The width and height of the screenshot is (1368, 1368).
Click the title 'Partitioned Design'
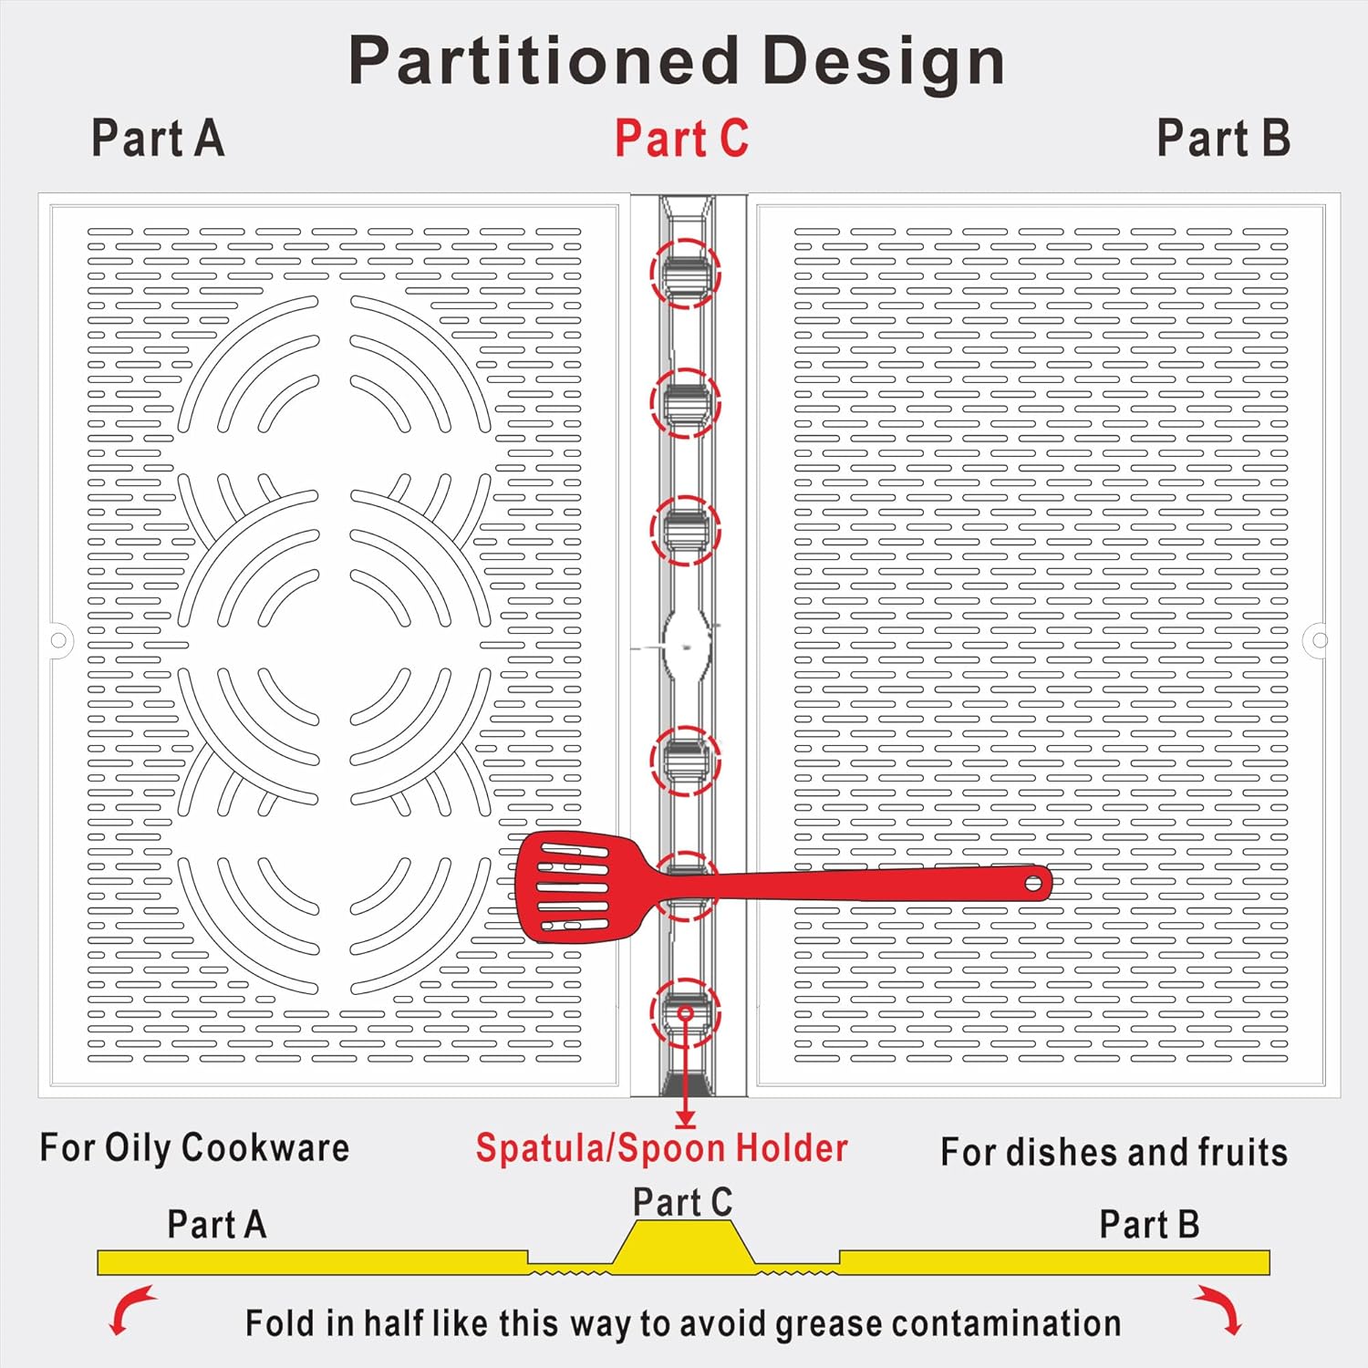(x=677, y=61)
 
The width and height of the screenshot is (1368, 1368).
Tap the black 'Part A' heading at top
(x=158, y=139)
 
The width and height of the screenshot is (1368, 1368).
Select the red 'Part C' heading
(x=681, y=139)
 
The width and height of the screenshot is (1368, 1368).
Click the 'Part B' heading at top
(x=1223, y=139)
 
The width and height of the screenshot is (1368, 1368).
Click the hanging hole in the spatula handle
(x=1033, y=883)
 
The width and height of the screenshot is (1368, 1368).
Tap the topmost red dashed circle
(x=685, y=273)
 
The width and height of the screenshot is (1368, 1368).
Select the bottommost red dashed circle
(x=685, y=1012)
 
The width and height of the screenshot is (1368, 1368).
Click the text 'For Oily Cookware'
(x=194, y=1147)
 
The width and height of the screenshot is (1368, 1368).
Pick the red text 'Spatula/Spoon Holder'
(x=662, y=1148)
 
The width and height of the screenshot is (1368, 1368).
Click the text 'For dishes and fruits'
(x=1114, y=1152)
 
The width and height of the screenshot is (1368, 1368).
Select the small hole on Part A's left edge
(x=58, y=639)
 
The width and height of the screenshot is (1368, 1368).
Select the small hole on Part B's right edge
(x=1320, y=639)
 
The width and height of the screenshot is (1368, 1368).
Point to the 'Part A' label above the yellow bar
(x=217, y=1224)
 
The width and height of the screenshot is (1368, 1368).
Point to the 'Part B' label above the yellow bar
(x=1148, y=1224)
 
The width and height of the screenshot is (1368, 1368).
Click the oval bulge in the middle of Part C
(x=686, y=645)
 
